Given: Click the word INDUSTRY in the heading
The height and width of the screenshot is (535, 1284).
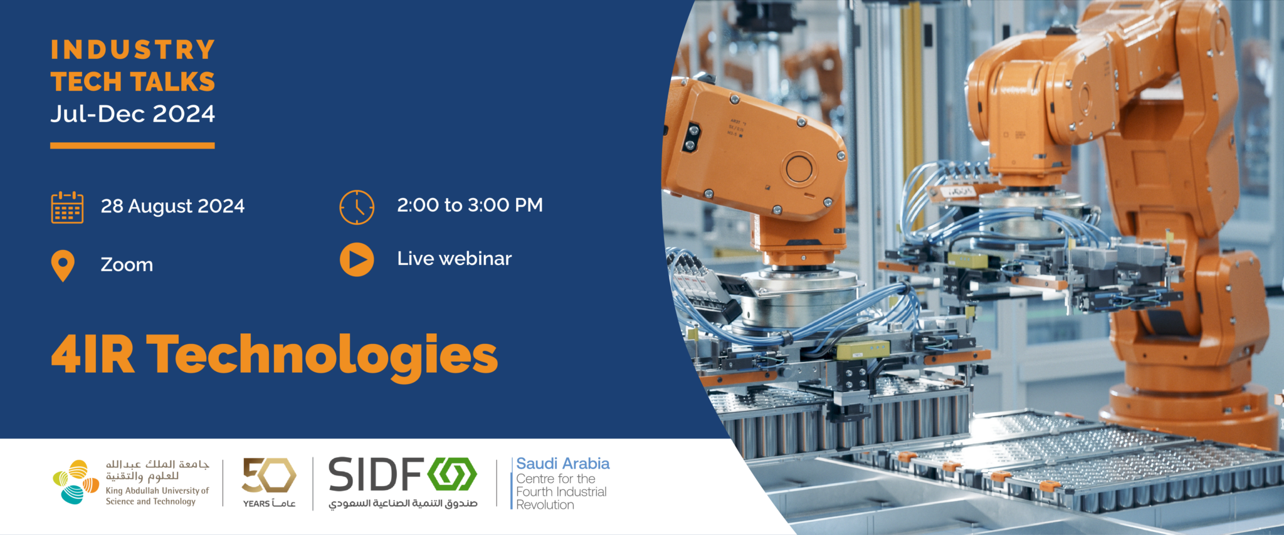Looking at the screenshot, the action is click(133, 50).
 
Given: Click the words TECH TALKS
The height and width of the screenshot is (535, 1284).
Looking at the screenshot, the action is click(133, 82).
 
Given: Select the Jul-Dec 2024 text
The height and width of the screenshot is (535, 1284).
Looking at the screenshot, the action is click(133, 114).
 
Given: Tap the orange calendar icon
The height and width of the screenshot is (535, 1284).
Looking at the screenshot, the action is click(67, 207).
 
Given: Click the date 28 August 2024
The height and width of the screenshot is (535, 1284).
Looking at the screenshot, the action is click(172, 206).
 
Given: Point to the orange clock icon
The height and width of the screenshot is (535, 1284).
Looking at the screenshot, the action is click(357, 207).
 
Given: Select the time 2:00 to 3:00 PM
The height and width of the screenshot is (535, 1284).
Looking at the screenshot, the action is click(470, 205).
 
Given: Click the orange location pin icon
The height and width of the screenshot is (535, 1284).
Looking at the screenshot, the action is click(63, 266).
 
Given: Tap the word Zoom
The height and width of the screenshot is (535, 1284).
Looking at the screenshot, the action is click(127, 265).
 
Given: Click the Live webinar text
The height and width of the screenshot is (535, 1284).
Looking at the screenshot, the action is click(454, 259).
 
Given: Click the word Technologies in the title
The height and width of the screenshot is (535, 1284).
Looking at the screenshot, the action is click(322, 356).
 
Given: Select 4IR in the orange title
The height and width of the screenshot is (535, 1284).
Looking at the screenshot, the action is click(93, 354).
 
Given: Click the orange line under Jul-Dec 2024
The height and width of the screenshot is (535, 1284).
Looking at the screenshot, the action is click(132, 145).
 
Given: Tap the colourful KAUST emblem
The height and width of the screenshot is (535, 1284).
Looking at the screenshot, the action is click(76, 482).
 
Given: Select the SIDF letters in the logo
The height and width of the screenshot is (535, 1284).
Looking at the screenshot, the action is click(376, 475).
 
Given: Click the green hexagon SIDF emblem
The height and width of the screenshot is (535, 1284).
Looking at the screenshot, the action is click(452, 474).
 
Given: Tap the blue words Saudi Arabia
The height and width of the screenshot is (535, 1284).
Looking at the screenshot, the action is click(562, 464).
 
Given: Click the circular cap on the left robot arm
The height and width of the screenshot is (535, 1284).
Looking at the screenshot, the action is click(799, 169).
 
